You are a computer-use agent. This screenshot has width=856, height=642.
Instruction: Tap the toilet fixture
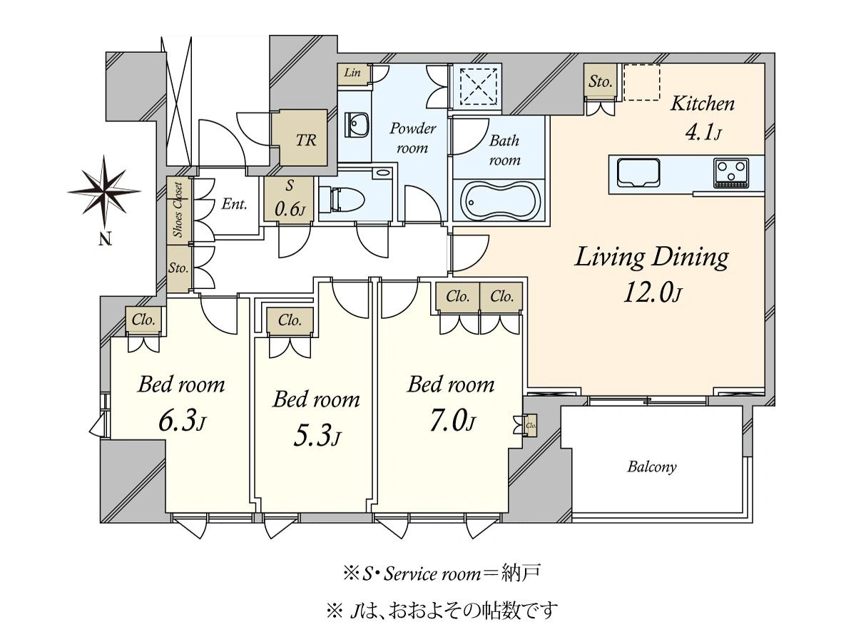tap(342, 199)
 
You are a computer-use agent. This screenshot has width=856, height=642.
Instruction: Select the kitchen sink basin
tap(638, 173)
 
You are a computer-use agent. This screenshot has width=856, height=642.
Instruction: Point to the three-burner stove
tap(731, 173)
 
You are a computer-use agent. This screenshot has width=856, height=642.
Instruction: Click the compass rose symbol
tap(104, 191)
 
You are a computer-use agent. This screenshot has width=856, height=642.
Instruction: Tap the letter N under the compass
tap(105, 238)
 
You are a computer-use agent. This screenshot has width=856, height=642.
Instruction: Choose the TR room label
tap(306, 141)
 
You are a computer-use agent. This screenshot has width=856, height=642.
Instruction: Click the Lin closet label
tap(352, 73)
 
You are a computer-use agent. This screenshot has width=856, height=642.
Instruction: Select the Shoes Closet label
tap(178, 210)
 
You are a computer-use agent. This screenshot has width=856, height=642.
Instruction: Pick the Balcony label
tap(652, 467)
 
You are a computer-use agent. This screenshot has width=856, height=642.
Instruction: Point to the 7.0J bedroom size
tap(452, 421)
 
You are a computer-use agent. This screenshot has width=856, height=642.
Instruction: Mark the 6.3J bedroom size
tap(182, 421)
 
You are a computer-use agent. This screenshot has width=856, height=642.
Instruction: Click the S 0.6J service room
tap(289, 199)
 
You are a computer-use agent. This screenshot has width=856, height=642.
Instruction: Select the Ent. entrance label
tap(234, 204)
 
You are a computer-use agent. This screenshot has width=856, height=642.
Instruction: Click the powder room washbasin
tap(357, 125)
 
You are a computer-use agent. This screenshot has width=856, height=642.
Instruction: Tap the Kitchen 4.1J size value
tap(703, 133)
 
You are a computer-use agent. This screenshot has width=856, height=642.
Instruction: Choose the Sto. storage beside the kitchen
tap(600, 81)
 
